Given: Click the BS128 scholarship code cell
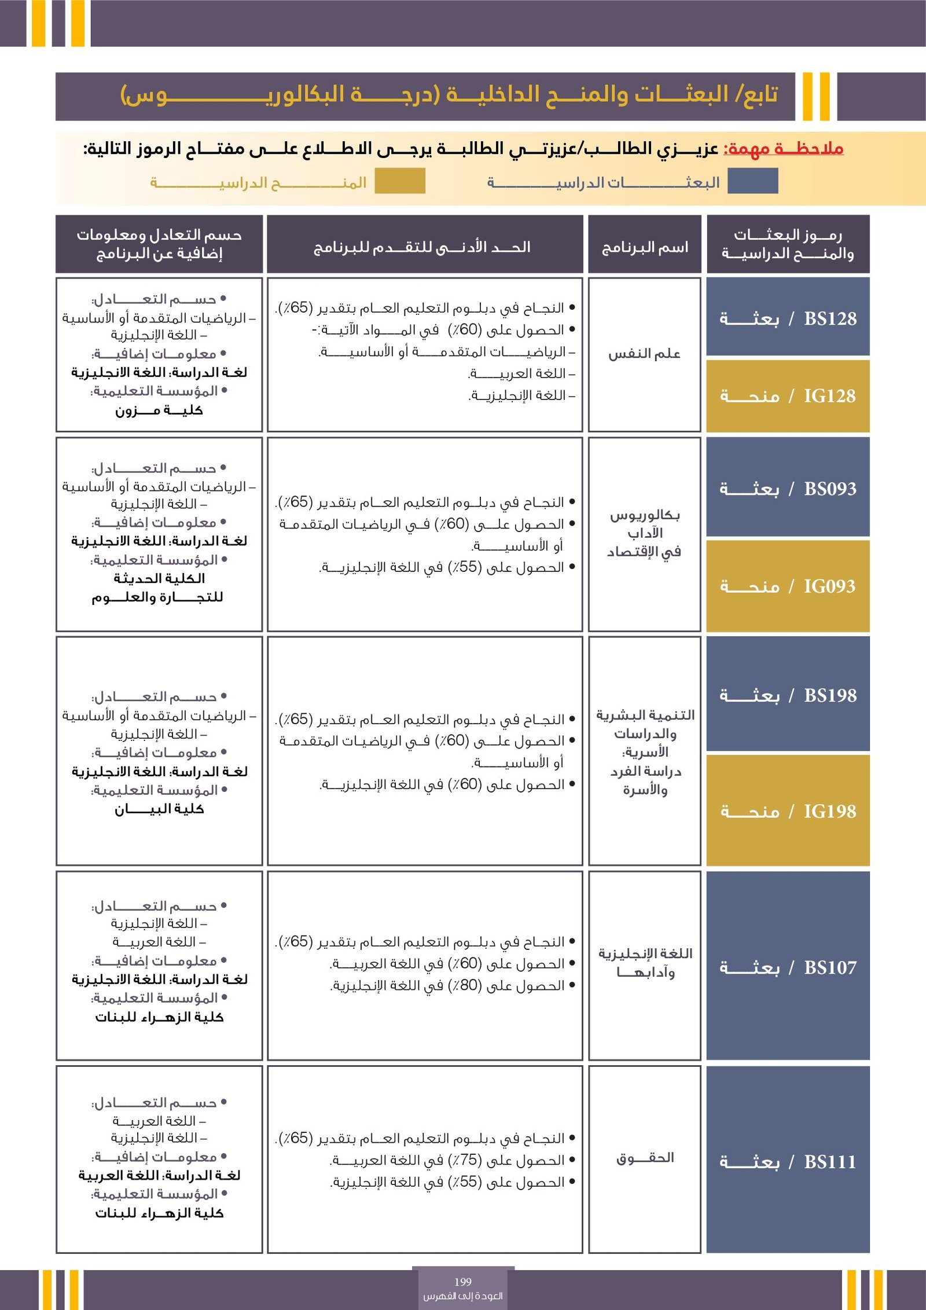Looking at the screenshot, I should coord(788,318).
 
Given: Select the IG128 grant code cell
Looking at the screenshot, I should coord(788,396).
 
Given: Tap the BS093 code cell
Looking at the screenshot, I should coord(788,488).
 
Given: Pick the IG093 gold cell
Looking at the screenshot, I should coord(788,586).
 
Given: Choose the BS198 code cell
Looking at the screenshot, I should coord(788,695).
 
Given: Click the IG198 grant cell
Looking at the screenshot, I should coord(788,811).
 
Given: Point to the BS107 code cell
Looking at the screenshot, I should coord(788,967).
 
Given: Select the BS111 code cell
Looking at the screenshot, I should coord(788,1161).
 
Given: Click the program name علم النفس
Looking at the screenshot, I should coord(644,354).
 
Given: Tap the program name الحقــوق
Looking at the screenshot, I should coord(645,1158).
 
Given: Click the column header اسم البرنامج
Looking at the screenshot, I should coord(645,248).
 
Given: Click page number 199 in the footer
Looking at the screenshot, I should coord(463,1282).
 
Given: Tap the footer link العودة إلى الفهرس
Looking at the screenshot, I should coord(463,1296).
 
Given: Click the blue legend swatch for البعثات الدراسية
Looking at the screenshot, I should coord(752,181).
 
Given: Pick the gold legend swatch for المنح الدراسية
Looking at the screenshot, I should coord(400,181).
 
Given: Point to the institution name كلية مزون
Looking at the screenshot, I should coord(159,410).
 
